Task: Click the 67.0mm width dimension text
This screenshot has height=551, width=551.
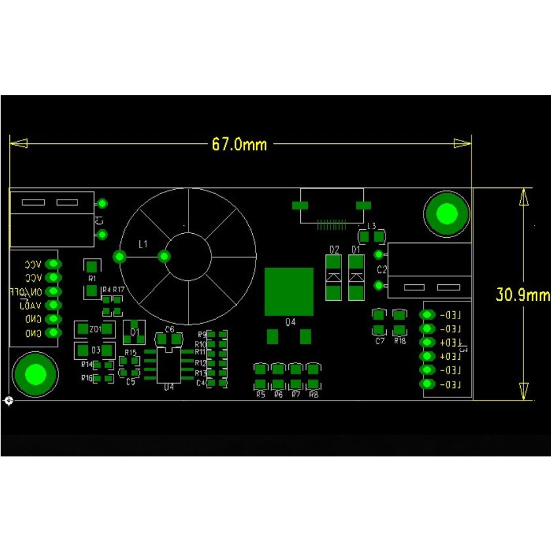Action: [x=239, y=144]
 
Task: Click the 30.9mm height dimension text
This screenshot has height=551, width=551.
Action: [x=522, y=294]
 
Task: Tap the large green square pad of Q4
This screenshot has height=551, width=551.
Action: [x=289, y=292]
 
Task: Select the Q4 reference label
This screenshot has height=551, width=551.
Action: [x=290, y=322]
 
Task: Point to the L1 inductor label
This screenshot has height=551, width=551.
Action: [x=143, y=244]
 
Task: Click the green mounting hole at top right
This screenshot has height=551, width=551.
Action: [x=447, y=213]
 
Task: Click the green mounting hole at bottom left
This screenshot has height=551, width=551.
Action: [x=35, y=374]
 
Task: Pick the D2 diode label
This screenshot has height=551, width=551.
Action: [x=334, y=250]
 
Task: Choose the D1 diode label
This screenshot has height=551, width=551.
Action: [x=356, y=250]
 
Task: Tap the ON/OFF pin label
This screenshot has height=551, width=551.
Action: [x=26, y=292]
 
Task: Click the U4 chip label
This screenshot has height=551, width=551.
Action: [x=169, y=387]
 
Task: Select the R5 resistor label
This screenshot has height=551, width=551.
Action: [x=260, y=394]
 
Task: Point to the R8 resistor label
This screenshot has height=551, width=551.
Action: [x=313, y=394]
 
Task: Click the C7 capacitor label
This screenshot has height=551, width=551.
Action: [x=379, y=341]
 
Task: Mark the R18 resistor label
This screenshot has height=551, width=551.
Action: [x=399, y=341]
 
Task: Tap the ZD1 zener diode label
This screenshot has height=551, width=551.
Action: [x=95, y=328]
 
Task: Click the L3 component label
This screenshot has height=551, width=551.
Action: [x=372, y=226]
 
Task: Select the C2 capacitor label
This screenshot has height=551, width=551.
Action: [x=382, y=270]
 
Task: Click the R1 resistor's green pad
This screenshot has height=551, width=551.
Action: [x=92, y=267]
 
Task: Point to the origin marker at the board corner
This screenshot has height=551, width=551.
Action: [x=8, y=400]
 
